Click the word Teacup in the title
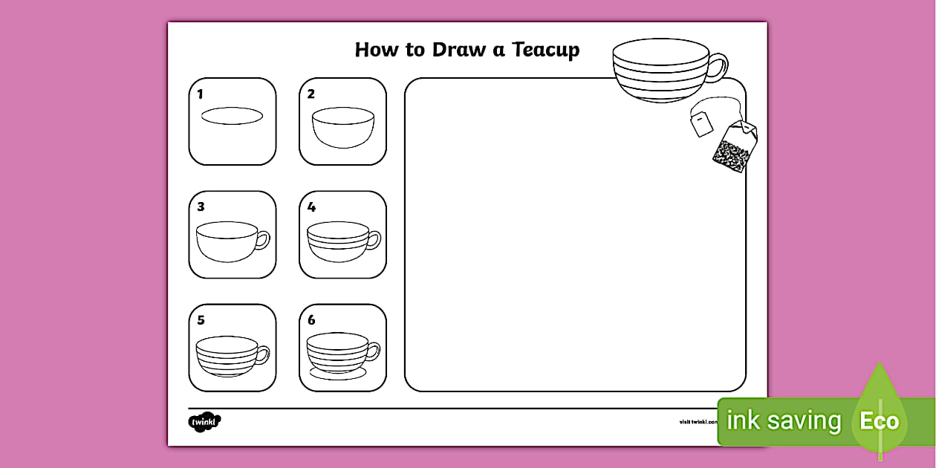[x=546, y=50]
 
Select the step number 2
[x=311, y=94]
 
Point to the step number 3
[x=201, y=207]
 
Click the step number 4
[x=311, y=207]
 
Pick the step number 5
[x=201, y=320]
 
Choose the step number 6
[x=311, y=320]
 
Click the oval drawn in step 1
[x=232, y=116]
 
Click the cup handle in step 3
[x=263, y=240]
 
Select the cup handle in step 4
[x=374, y=240]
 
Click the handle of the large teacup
[x=718, y=67]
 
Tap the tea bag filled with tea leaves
[x=732, y=149]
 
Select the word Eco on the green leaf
[x=880, y=422]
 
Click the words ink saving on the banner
[x=783, y=421]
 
